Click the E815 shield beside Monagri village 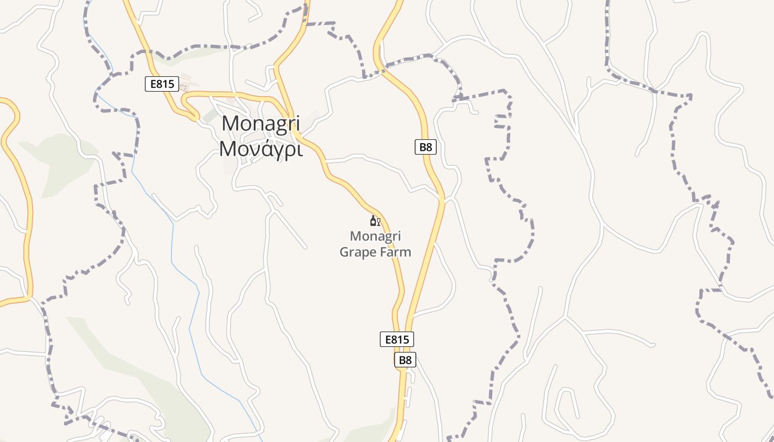162,84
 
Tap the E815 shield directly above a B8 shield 396,339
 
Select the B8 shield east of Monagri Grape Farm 425,147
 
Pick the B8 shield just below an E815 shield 405,360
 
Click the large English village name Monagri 260,123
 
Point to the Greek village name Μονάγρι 260,149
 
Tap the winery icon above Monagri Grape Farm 375,221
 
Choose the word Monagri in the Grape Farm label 375,236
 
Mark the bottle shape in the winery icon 373,221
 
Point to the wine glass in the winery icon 379,222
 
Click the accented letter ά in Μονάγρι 263,148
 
